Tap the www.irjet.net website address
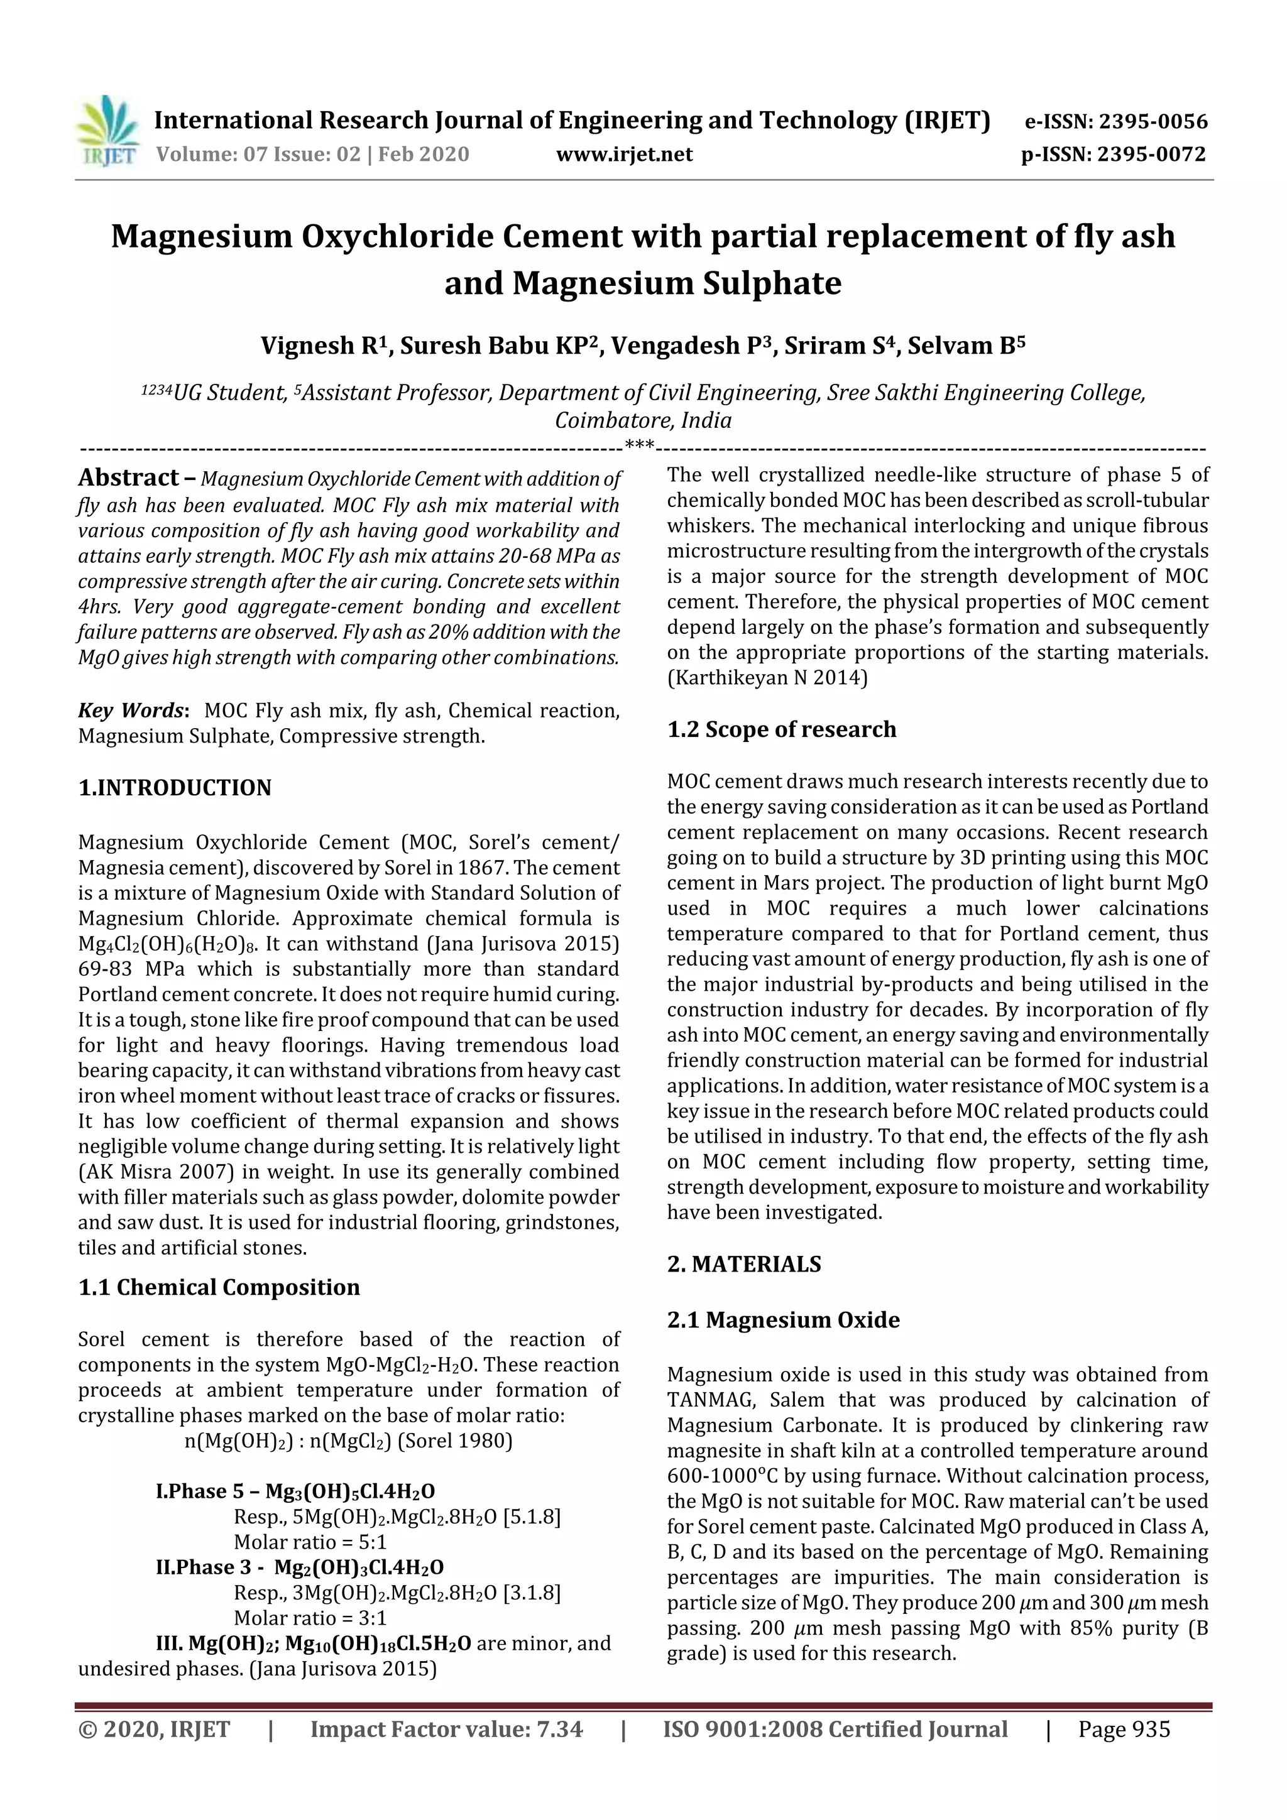tap(624, 155)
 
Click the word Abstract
tap(128, 477)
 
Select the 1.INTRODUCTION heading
tap(175, 787)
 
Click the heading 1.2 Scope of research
tap(781, 729)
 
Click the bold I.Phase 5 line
tap(295, 1491)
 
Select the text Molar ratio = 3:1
tap(309, 1618)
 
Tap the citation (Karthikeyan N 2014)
tap(767, 678)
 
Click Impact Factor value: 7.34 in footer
tap(446, 1729)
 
